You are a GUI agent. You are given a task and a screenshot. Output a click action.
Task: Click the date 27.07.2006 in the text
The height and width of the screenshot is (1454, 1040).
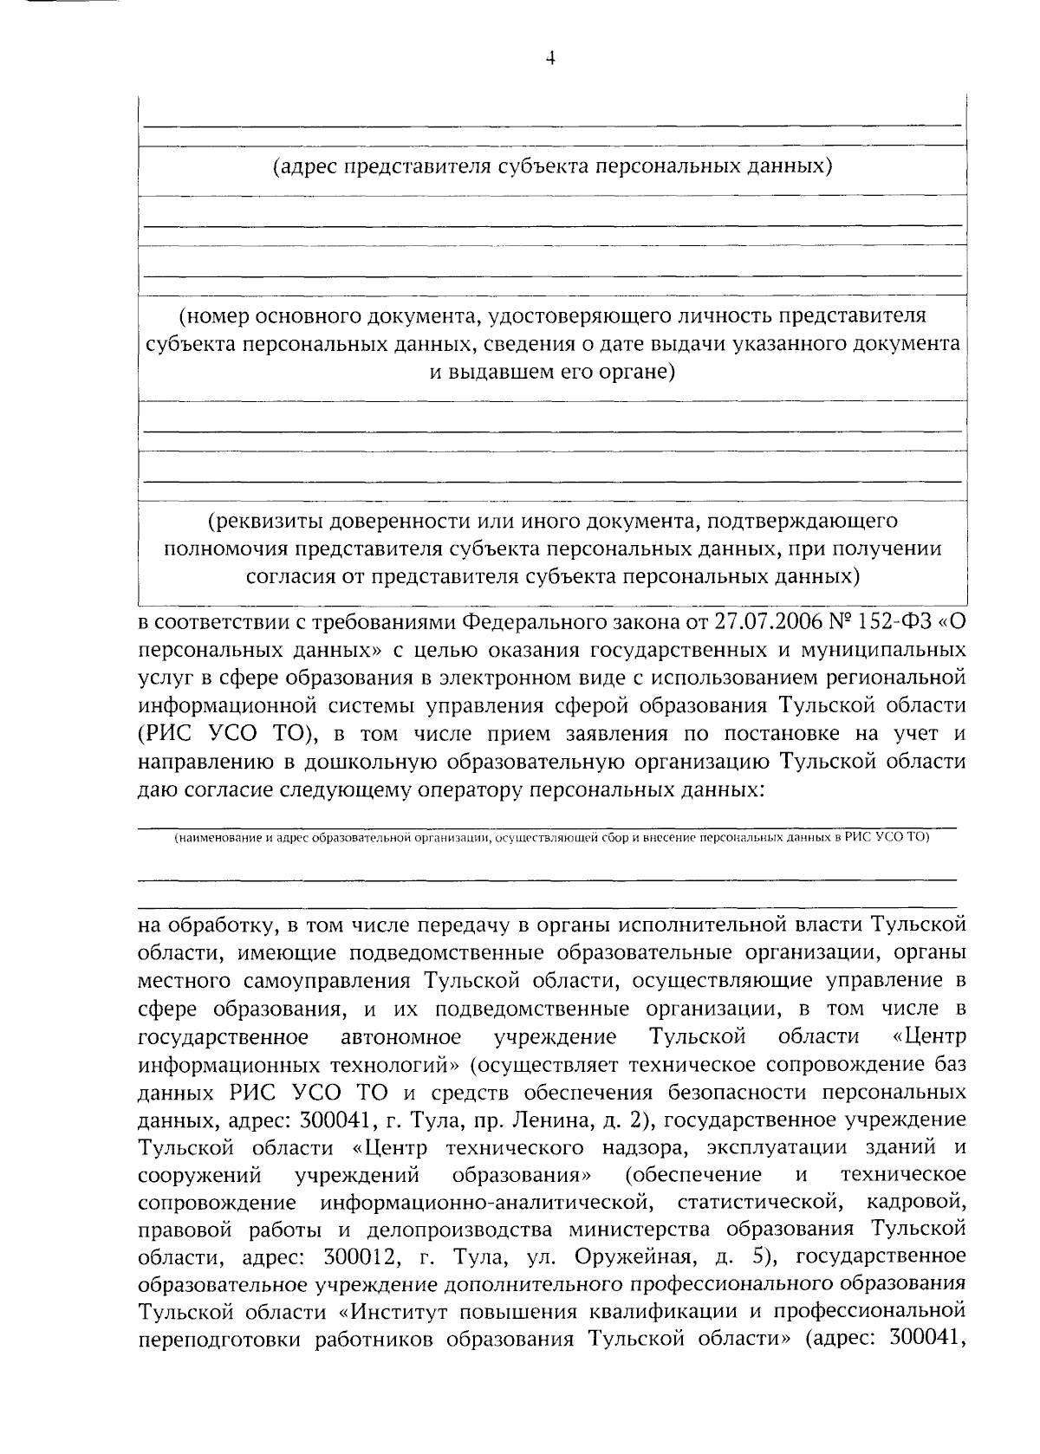click(764, 622)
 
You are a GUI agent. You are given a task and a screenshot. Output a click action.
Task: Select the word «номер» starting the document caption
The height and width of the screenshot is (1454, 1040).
click(212, 315)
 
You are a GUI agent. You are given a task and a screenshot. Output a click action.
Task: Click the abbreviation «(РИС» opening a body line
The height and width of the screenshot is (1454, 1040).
click(166, 734)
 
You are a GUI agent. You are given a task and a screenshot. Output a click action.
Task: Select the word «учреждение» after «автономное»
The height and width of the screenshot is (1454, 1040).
click(555, 1037)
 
